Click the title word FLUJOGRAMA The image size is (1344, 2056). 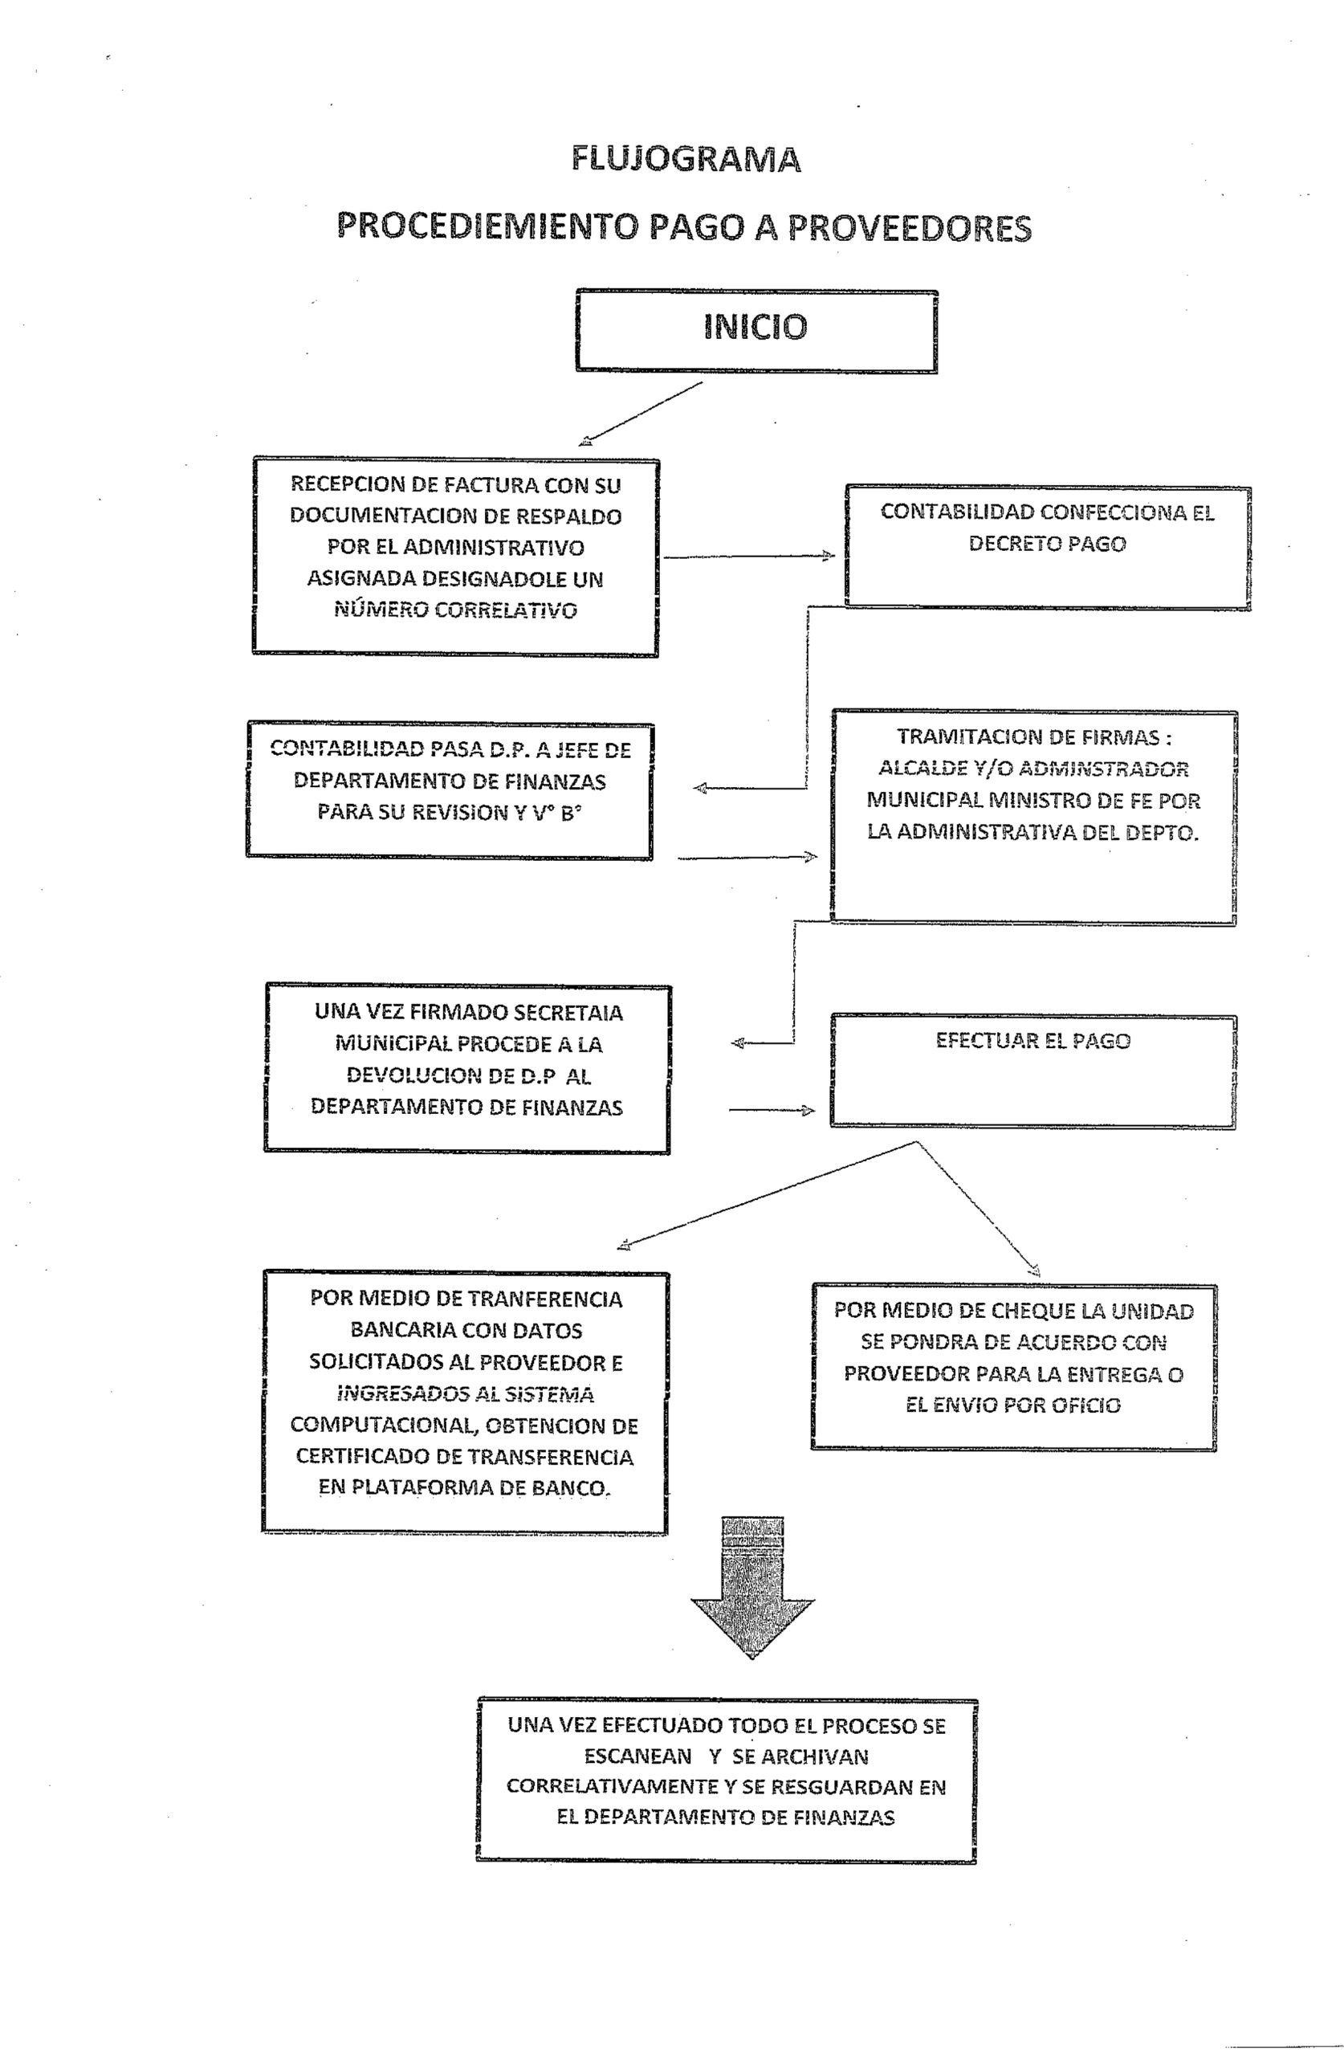pyautogui.click(x=686, y=160)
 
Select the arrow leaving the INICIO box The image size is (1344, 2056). pyautogui.click(x=640, y=414)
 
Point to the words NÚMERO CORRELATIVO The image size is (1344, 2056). pyautogui.click(x=455, y=610)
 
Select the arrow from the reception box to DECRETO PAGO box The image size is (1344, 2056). pyautogui.click(x=749, y=557)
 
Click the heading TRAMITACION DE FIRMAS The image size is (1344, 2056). pyautogui.click(x=1033, y=738)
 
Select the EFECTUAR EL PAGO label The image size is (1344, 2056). pyautogui.click(x=1033, y=1041)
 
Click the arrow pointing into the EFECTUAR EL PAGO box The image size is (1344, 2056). pyautogui.click(x=772, y=1110)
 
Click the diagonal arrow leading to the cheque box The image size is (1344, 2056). pyautogui.click(x=978, y=1210)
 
